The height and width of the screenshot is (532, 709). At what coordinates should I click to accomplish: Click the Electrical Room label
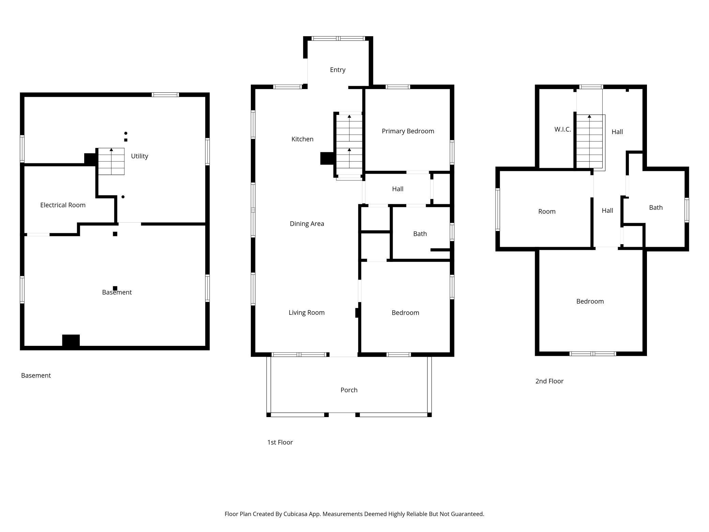(63, 205)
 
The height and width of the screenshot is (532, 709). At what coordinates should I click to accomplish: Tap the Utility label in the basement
(139, 156)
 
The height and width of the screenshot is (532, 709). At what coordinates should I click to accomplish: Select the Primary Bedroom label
(408, 131)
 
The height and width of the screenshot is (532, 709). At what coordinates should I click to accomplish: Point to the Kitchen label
(302, 139)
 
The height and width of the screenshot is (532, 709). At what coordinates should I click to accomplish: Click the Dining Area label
(307, 224)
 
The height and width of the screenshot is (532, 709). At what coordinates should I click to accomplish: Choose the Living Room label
(306, 313)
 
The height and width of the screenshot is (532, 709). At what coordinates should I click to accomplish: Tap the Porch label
(349, 390)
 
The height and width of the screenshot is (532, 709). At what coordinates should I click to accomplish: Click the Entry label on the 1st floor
(338, 70)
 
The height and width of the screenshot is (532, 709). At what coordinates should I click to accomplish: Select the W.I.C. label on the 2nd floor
(563, 129)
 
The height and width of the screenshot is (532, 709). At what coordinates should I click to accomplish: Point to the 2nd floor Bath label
(656, 207)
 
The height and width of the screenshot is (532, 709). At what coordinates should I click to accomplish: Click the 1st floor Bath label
(420, 234)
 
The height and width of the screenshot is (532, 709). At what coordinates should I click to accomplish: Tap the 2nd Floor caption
(549, 381)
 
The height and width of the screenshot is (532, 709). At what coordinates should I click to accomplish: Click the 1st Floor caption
(280, 442)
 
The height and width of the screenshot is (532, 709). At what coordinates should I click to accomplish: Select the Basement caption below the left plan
(36, 375)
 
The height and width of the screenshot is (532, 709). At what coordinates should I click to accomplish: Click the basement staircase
(111, 161)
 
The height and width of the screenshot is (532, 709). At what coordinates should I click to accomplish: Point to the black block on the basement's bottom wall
(71, 341)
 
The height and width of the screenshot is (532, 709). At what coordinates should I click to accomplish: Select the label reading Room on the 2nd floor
(547, 211)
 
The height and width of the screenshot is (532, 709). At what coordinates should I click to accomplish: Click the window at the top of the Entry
(338, 39)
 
